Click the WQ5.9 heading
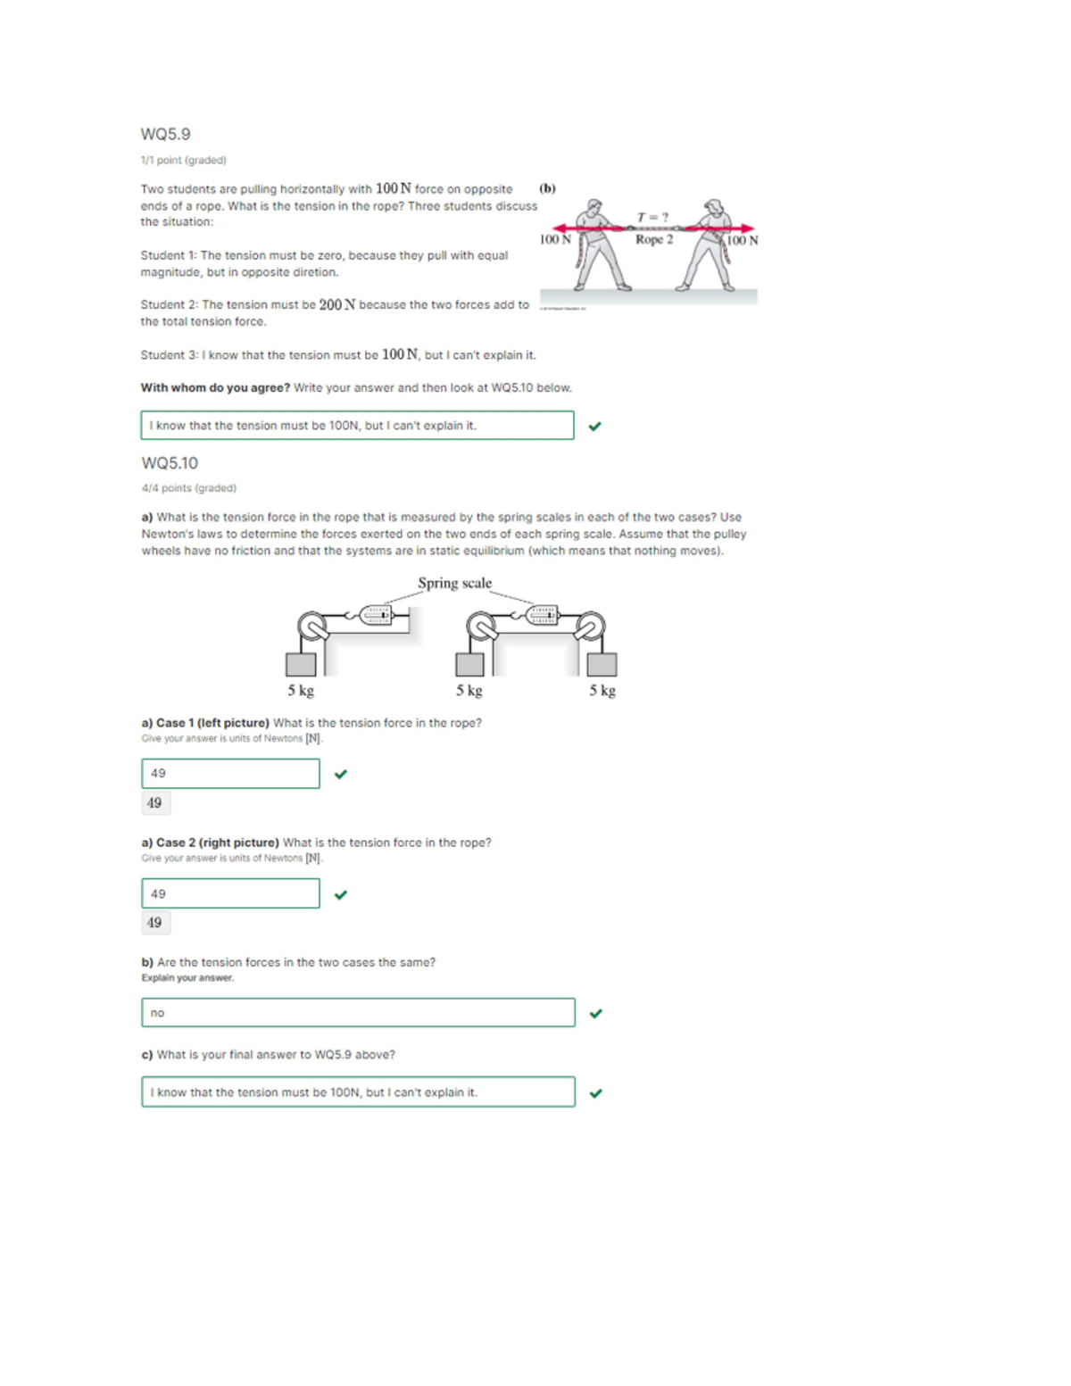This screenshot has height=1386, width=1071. coord(165,134)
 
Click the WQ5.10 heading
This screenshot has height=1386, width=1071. coord(170,463)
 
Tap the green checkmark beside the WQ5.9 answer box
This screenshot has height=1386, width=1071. coord(595,427)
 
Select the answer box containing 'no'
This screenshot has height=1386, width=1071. coord(357,1013)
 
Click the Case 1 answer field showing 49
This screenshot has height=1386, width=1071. coord(230,774)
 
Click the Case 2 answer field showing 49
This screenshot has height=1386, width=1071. coord(230,893)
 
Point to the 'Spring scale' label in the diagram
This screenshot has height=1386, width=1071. coord(454,583)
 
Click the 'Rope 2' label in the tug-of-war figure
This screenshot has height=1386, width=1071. coord(654,239)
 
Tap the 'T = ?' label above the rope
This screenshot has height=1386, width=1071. coord(652,217)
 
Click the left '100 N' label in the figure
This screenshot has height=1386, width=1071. coord(555,239)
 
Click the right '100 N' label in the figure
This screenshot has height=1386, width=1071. coord(742,240)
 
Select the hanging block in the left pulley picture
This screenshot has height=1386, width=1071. coord(301,664)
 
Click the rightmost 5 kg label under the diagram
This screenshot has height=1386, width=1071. coord(602,690)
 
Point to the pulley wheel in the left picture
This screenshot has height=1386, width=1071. coord(312,627)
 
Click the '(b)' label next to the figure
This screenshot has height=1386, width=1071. coord(547,188)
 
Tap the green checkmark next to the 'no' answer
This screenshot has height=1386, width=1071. coord(596,1014)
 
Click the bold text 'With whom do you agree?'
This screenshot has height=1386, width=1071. coord(215,388)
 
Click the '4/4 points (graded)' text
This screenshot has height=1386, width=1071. coord(188,488)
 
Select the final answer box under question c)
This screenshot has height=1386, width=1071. coord(357,1092)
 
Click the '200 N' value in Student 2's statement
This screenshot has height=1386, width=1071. coord(337,305)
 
